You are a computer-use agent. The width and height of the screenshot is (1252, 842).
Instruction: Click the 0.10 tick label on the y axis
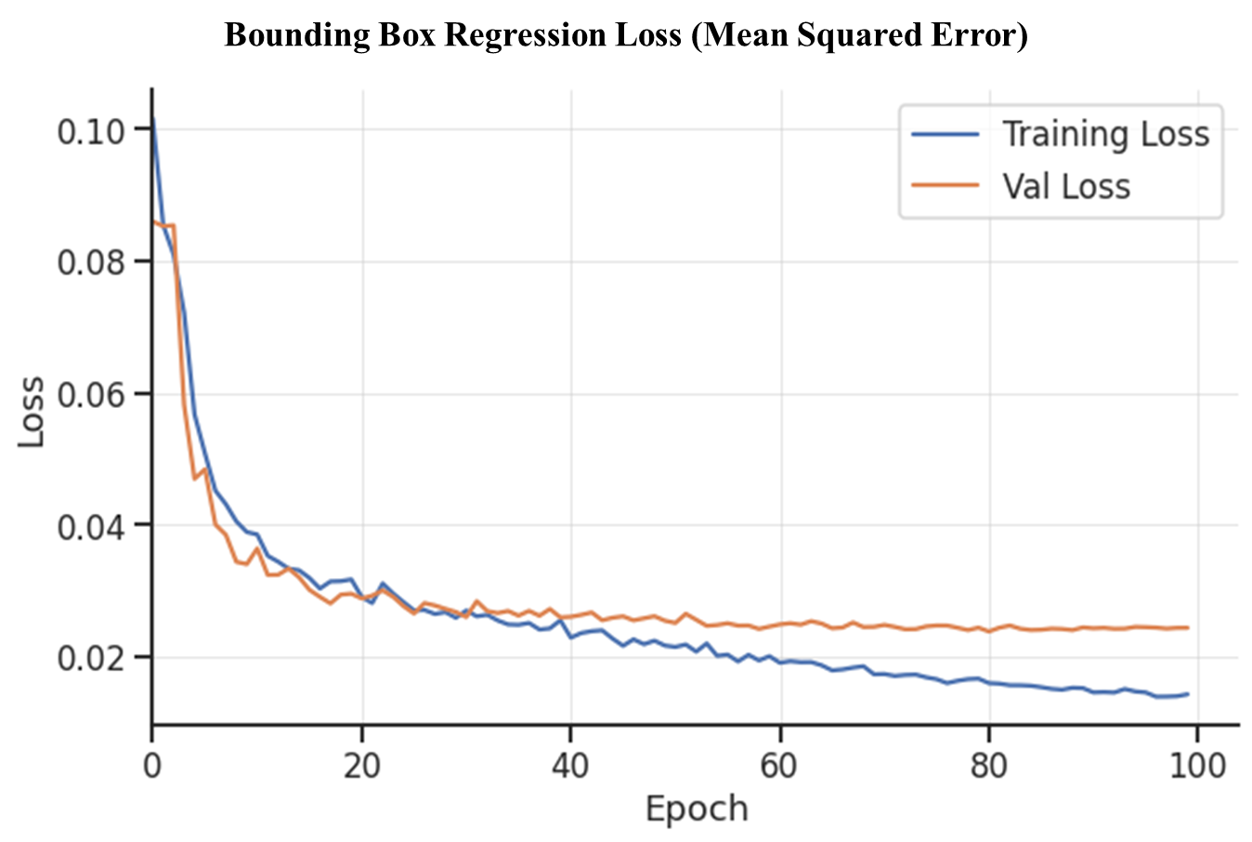(90, 131)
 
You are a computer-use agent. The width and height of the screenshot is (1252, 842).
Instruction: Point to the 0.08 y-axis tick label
(90, 263)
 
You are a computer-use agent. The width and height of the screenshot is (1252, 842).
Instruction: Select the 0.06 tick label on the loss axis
(90, 395)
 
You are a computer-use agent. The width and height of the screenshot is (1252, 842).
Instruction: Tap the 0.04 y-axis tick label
(90, 527)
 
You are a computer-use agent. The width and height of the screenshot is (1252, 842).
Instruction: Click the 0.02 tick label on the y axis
(90, 659)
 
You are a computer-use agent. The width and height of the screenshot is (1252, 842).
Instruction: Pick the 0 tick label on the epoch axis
(151, 766)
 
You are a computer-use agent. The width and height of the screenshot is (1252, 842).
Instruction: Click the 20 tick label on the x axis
(361, 766)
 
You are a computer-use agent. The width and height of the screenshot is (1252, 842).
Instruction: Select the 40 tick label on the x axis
(570, 766)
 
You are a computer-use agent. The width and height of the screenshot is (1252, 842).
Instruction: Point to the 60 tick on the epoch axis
(780, 766)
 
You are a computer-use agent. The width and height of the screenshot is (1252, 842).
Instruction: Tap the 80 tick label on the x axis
(989, 766)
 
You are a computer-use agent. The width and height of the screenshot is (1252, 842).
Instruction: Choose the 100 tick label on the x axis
(1198, 766)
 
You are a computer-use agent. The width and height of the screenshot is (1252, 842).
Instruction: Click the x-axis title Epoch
(697, 809)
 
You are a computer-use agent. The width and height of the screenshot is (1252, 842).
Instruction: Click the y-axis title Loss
(32, 412)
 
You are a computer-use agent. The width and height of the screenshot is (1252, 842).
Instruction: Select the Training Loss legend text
(1105, 135)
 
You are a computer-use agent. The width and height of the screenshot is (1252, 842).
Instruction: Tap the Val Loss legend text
(1066, 187)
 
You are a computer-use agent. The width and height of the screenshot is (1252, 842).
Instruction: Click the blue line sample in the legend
(946, 135)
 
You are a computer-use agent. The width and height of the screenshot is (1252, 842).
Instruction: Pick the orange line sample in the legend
(946, 186)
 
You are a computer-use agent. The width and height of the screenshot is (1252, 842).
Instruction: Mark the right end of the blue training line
(1188, 693)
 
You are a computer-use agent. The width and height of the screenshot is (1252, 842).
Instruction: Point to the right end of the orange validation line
(1188, 627)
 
